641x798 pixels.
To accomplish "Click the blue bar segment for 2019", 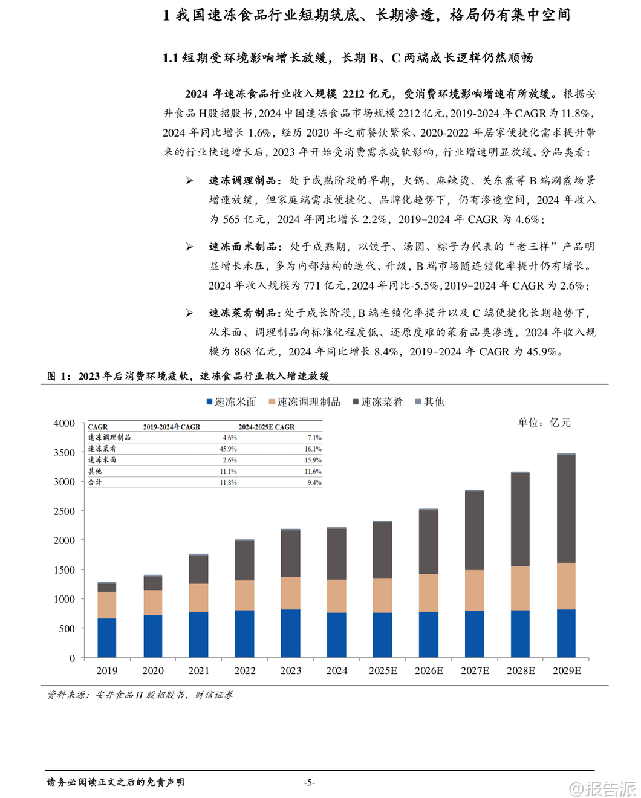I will click(107, 637).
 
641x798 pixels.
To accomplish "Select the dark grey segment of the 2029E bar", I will click(567, 508).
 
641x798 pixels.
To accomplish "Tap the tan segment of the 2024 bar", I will click(337, 596).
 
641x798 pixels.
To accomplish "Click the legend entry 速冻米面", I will click(232, 402).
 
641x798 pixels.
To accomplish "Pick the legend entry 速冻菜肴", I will click(378, 402).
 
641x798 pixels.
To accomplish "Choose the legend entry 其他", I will click(430, 402).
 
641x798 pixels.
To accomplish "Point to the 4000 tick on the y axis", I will click(64, 423).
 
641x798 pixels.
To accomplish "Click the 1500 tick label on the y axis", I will click(64, 570).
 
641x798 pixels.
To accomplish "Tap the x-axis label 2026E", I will click(429, 670).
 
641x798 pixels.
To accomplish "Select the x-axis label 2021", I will click(199, 670).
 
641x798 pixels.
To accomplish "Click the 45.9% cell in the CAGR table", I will click(229, 449).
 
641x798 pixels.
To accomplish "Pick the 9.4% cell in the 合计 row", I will click(314, 483).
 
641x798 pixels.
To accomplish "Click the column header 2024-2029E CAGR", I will click(267, 427).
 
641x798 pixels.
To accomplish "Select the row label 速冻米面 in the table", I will click(102, 460).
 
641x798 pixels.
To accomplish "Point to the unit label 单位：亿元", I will click(544, 423).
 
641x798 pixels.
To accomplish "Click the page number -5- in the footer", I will click(309, 782).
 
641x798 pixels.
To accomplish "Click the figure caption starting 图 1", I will click(188, 376).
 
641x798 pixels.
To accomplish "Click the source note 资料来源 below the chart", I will click(140, 695).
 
